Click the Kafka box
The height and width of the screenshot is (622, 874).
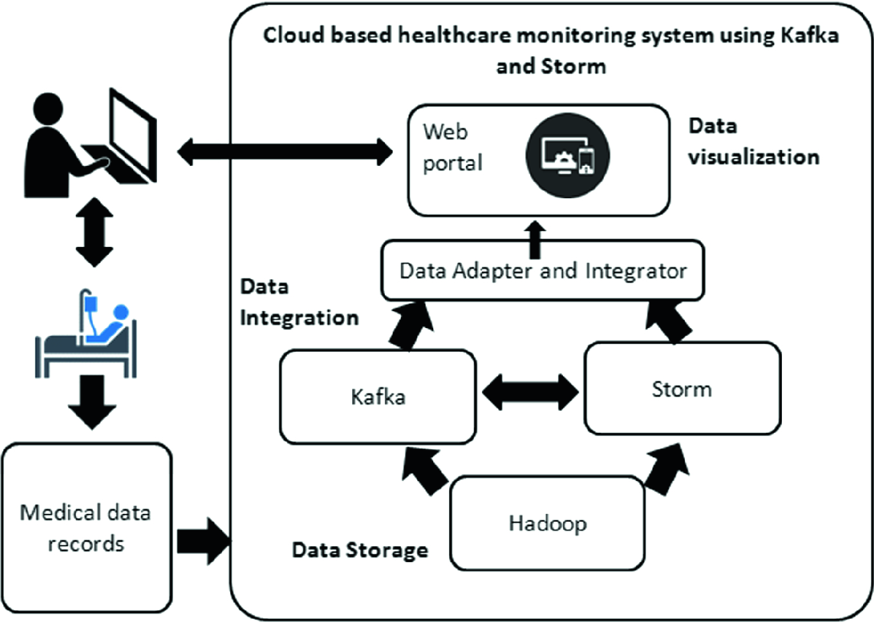click(x=378, y=397)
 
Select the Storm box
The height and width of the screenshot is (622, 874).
click(x=682, y=389)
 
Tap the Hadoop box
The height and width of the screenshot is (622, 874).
click(x=547, y=524)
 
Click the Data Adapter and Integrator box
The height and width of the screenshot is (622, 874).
click(x=543, y=271)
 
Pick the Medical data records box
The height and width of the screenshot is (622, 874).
click(x=87, y=528)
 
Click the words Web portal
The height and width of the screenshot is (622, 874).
click(x=453, y=147)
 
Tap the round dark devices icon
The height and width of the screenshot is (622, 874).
click(x=568, y=155)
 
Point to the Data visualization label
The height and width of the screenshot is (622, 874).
click(x=754, y=142)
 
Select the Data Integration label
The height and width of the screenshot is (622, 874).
click(x=299, y=302)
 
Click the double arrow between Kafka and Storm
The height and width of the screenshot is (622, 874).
click(x=530, y=392)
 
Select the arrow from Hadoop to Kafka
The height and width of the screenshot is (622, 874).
click(x=425, y=471)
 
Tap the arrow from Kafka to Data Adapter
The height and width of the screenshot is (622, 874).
click(x=411, y=326)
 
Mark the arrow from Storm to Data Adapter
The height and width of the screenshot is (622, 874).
click(x=669, y=323)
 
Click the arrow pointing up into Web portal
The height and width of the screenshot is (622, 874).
click(x=535, y=239)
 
